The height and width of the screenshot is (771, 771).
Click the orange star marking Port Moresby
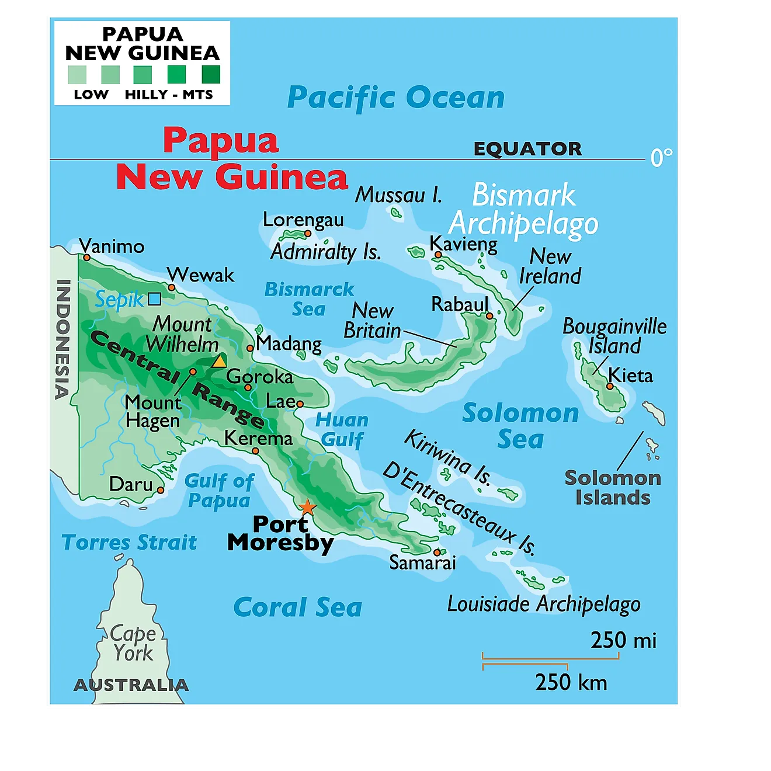[x=307, y=508]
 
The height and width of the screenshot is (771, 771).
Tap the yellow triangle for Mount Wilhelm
[x=219, y=362]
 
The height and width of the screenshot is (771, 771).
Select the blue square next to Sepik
[x=154, y=299]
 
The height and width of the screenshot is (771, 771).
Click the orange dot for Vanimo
[x=86, y=257]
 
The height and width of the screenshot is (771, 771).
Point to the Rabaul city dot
[x=489, y=315]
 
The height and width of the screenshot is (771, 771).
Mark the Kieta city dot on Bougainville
[x=610, y=386]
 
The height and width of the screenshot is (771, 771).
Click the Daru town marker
[x=161, y=490]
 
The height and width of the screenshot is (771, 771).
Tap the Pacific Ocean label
[x=396, y=98]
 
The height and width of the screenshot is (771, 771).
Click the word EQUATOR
[x=527, y=149]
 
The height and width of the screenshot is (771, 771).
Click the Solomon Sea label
[x=520, y=426]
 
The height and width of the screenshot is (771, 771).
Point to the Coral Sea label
[x=297, y=607]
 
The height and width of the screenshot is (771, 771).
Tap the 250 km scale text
[x=571, y=682]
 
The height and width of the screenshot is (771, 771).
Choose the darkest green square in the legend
[x=211, y=75]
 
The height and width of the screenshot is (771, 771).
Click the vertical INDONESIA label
[x=63, y=339]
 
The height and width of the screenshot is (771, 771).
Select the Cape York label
[x=133, y=643]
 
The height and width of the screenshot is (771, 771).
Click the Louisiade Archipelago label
[x=543, y=605]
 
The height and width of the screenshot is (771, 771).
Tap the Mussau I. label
[x=399, y=195]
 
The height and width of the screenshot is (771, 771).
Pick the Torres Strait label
[x=129, y=543]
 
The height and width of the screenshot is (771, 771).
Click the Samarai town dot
[x=437, y=552]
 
